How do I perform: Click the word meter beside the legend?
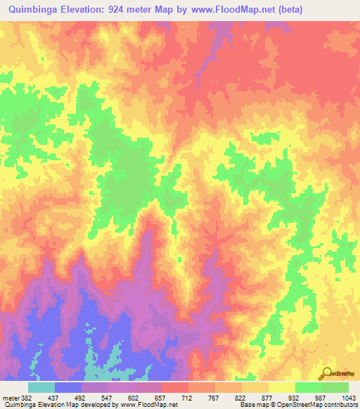pyautogui.click(x=11, y=397)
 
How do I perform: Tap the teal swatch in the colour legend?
pyautogui.click(x=41, y=387)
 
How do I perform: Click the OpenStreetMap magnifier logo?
pyautogui.click(x=327, y=374)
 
